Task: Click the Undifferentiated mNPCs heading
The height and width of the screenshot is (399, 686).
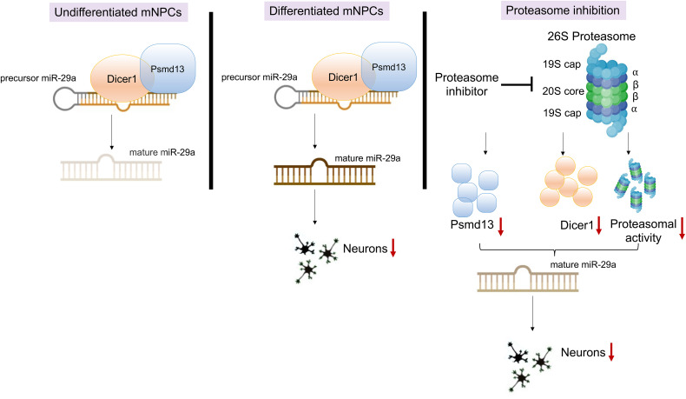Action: (118, 12)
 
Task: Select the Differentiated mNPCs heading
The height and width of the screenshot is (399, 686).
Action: (326, 11)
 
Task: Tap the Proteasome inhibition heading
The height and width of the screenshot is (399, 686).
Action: (563, 10)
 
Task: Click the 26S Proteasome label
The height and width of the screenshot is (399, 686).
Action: (591, 36)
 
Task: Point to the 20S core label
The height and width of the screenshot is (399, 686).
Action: (563, 91)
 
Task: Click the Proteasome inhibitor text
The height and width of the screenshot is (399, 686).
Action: (466, 84)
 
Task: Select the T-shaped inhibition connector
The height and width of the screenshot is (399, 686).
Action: (517, 84)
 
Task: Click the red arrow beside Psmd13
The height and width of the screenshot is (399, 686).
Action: (501, 226)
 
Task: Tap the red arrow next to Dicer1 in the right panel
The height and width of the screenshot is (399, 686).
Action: (599, 225)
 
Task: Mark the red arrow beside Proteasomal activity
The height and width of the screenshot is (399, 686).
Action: (682, 229)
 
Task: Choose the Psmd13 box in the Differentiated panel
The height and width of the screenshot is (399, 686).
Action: (389, 67)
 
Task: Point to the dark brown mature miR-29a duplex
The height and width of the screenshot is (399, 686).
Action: (324, 171)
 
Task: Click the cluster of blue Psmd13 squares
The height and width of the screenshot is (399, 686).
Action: (475, 190)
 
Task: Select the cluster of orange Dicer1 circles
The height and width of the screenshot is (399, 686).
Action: (568, 182)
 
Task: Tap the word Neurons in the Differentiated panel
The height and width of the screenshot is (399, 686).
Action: (366, 249)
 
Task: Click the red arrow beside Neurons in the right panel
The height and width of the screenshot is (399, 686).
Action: (611, 352)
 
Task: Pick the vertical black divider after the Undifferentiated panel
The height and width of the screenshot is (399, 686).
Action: (211, 101)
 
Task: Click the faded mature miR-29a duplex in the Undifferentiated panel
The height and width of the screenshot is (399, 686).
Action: (111, 167)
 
